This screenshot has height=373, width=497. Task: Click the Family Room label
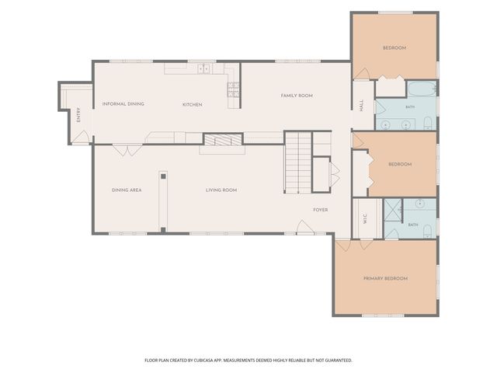pyautogui.click(x=297, y=96)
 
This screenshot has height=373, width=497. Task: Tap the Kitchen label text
pyautogui.click(x=192, y=104)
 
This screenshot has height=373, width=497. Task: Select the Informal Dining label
pyautogui.click(x=123, y=103)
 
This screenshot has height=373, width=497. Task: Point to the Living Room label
pyautogui.click(x=221, y=190)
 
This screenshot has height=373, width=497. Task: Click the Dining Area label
pyautogui.click(x=127, y=190)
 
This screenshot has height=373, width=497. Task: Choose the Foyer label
pyautogui.click(x=321, y=210)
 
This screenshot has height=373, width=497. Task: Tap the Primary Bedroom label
pyautogui.click(x=385, y=278)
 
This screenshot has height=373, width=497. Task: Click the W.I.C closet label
pyautogui.click(x=365, y=219)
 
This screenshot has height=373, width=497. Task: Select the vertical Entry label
pyautogui.click(x=78, y=115)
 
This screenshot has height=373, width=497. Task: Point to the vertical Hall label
pyautogui.click(x=361, y=106)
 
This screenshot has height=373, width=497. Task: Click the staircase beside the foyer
pyautogui.click(x=297, y=162)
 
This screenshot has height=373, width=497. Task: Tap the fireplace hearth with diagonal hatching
pyautogui.click(x=223, y=140)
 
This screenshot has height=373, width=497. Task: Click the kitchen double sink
pyautogui.click(x=203, y=68)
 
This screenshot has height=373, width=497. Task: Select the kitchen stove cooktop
pyautogui.click(x=233, y=89)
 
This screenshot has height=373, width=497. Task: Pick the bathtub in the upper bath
pyautogui.click(x=422, y=89)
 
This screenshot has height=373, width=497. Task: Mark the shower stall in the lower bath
pyautogui.click(x=393, y=210)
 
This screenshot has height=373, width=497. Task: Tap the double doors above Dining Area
pyautogui.click(x=127, y=150)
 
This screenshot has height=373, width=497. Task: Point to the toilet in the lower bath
pyautogui.click(x=427, y=231)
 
